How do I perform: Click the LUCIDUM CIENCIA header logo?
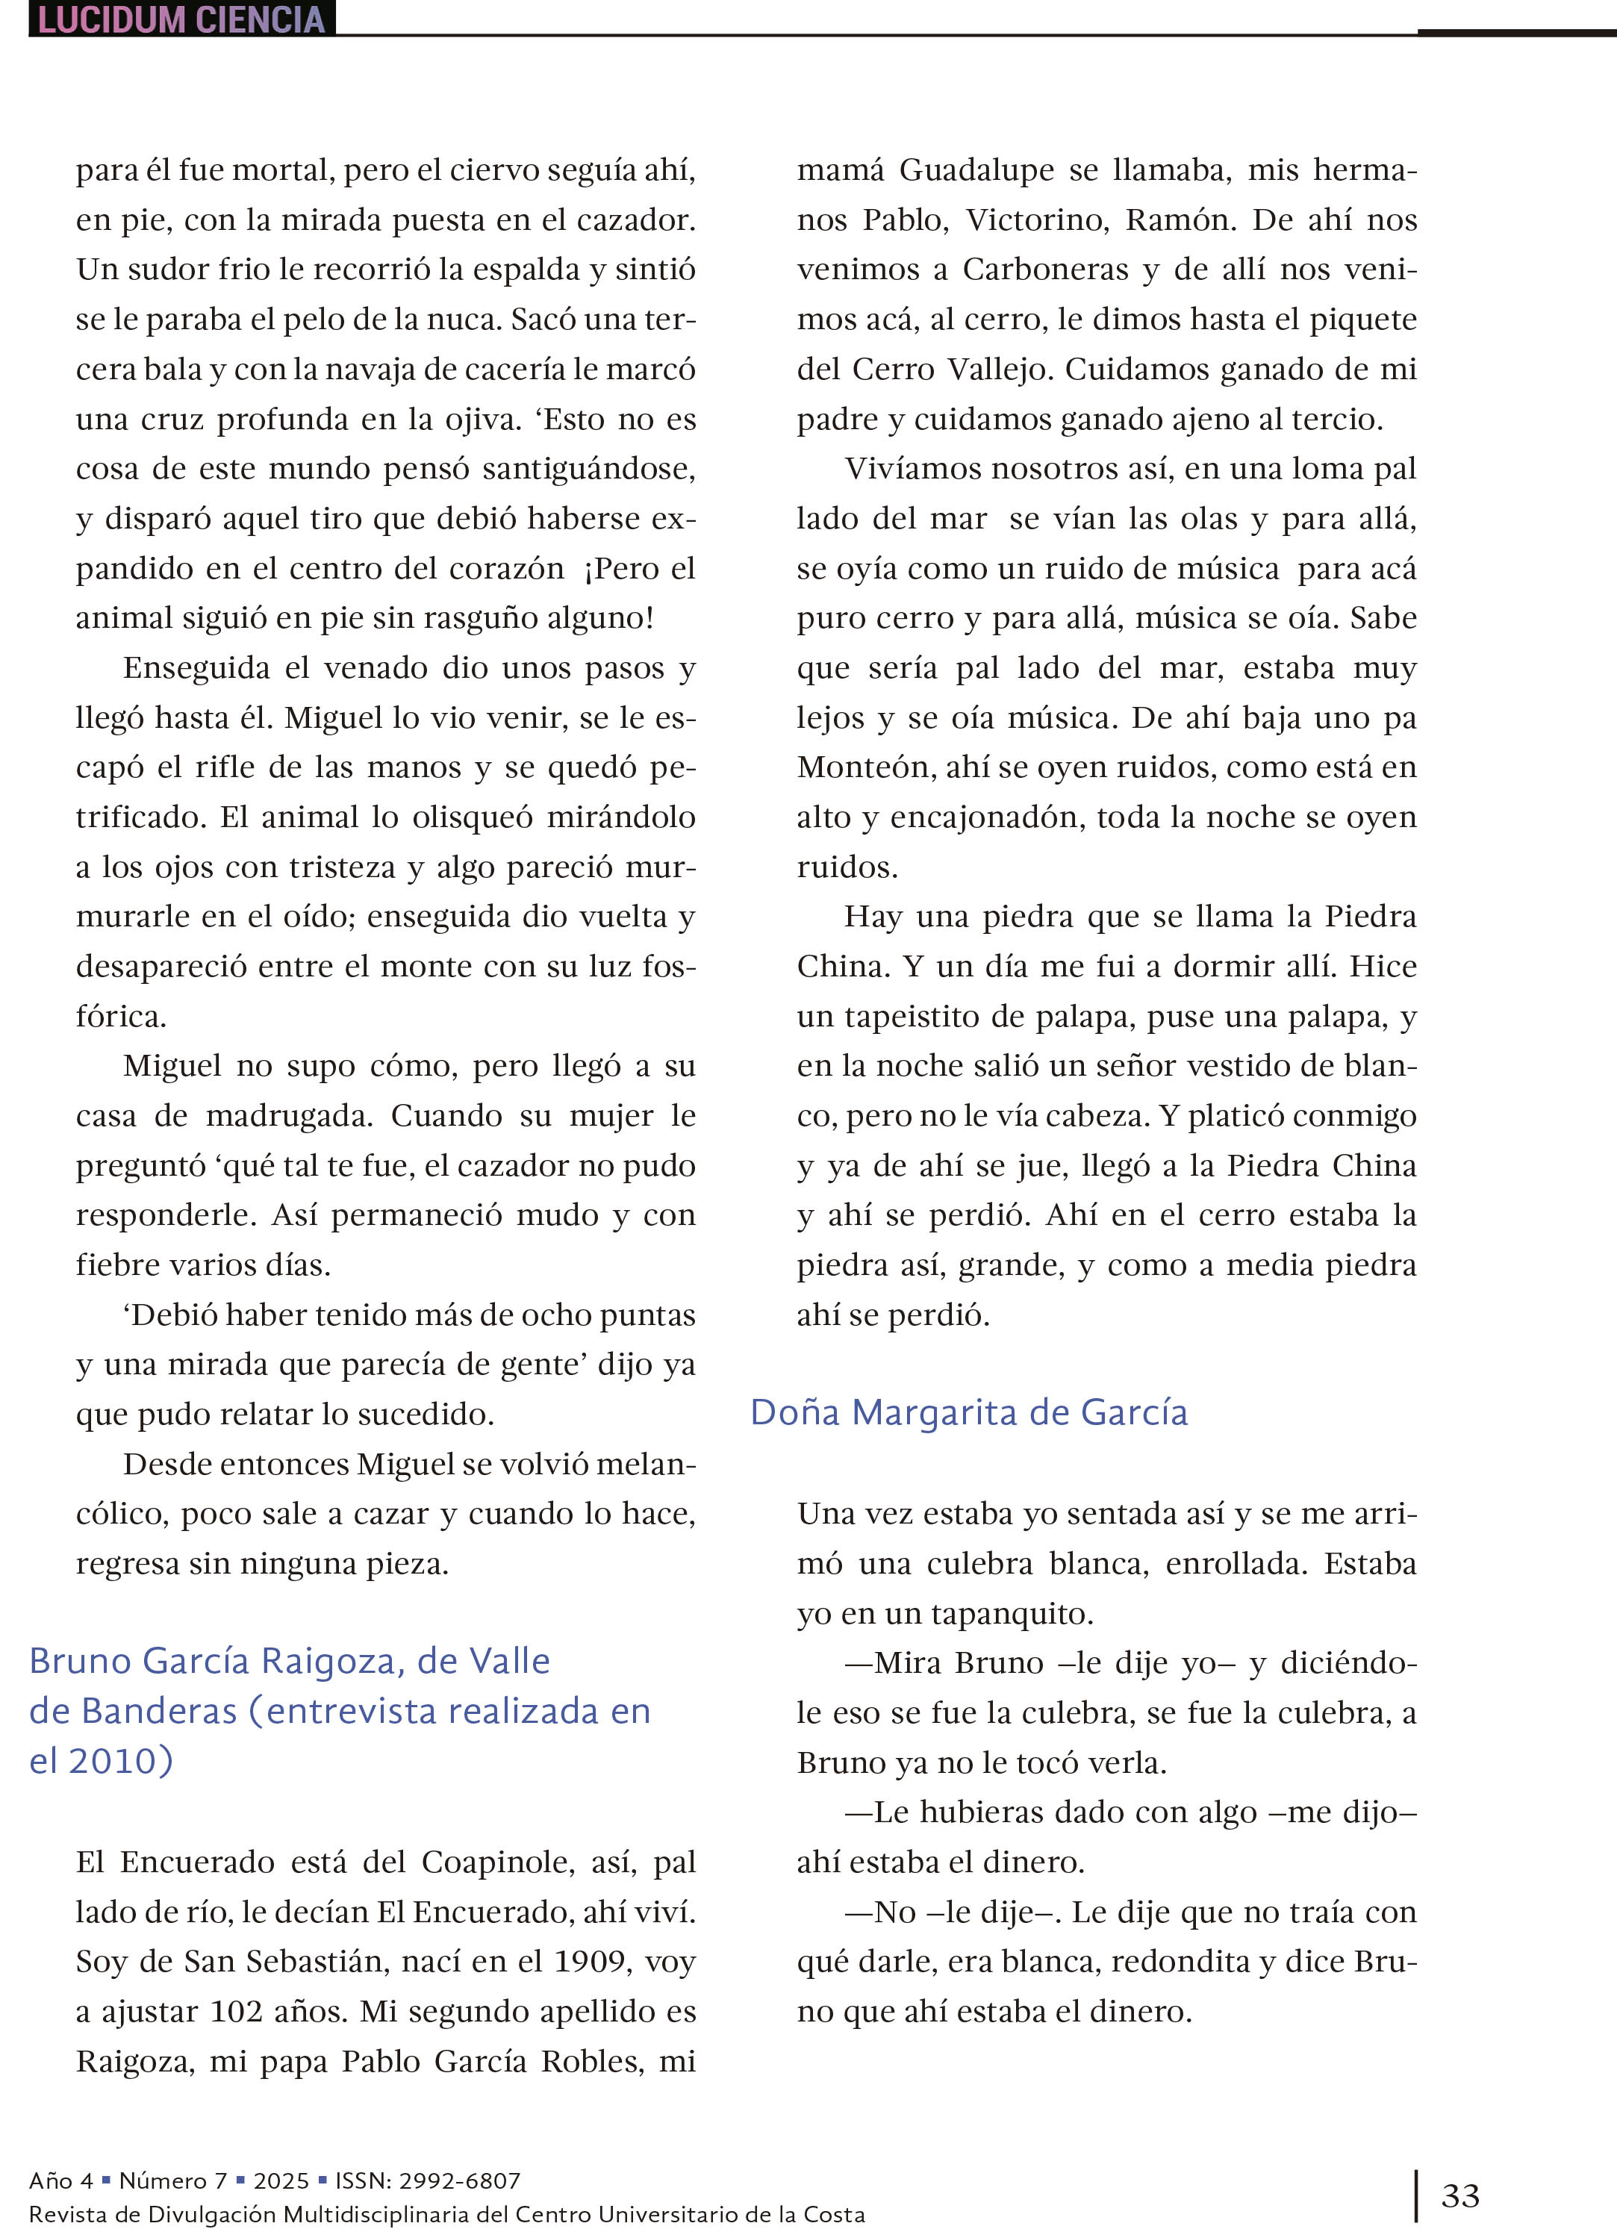[x=182, y=19]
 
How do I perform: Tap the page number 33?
[x=1459, y=2195]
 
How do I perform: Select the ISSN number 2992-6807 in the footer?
[x=457, y=2180]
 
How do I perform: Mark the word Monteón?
[x=863, y=767]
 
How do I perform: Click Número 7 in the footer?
[x=173, y=2180]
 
